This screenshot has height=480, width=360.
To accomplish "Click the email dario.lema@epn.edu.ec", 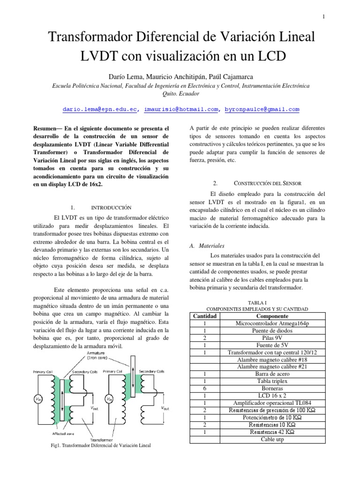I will (100, 110).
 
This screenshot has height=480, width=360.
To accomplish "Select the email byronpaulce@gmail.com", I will (262, 110).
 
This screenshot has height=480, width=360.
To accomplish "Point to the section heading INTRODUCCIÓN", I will (111, 207).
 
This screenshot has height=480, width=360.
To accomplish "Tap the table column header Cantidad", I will (205, 316).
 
